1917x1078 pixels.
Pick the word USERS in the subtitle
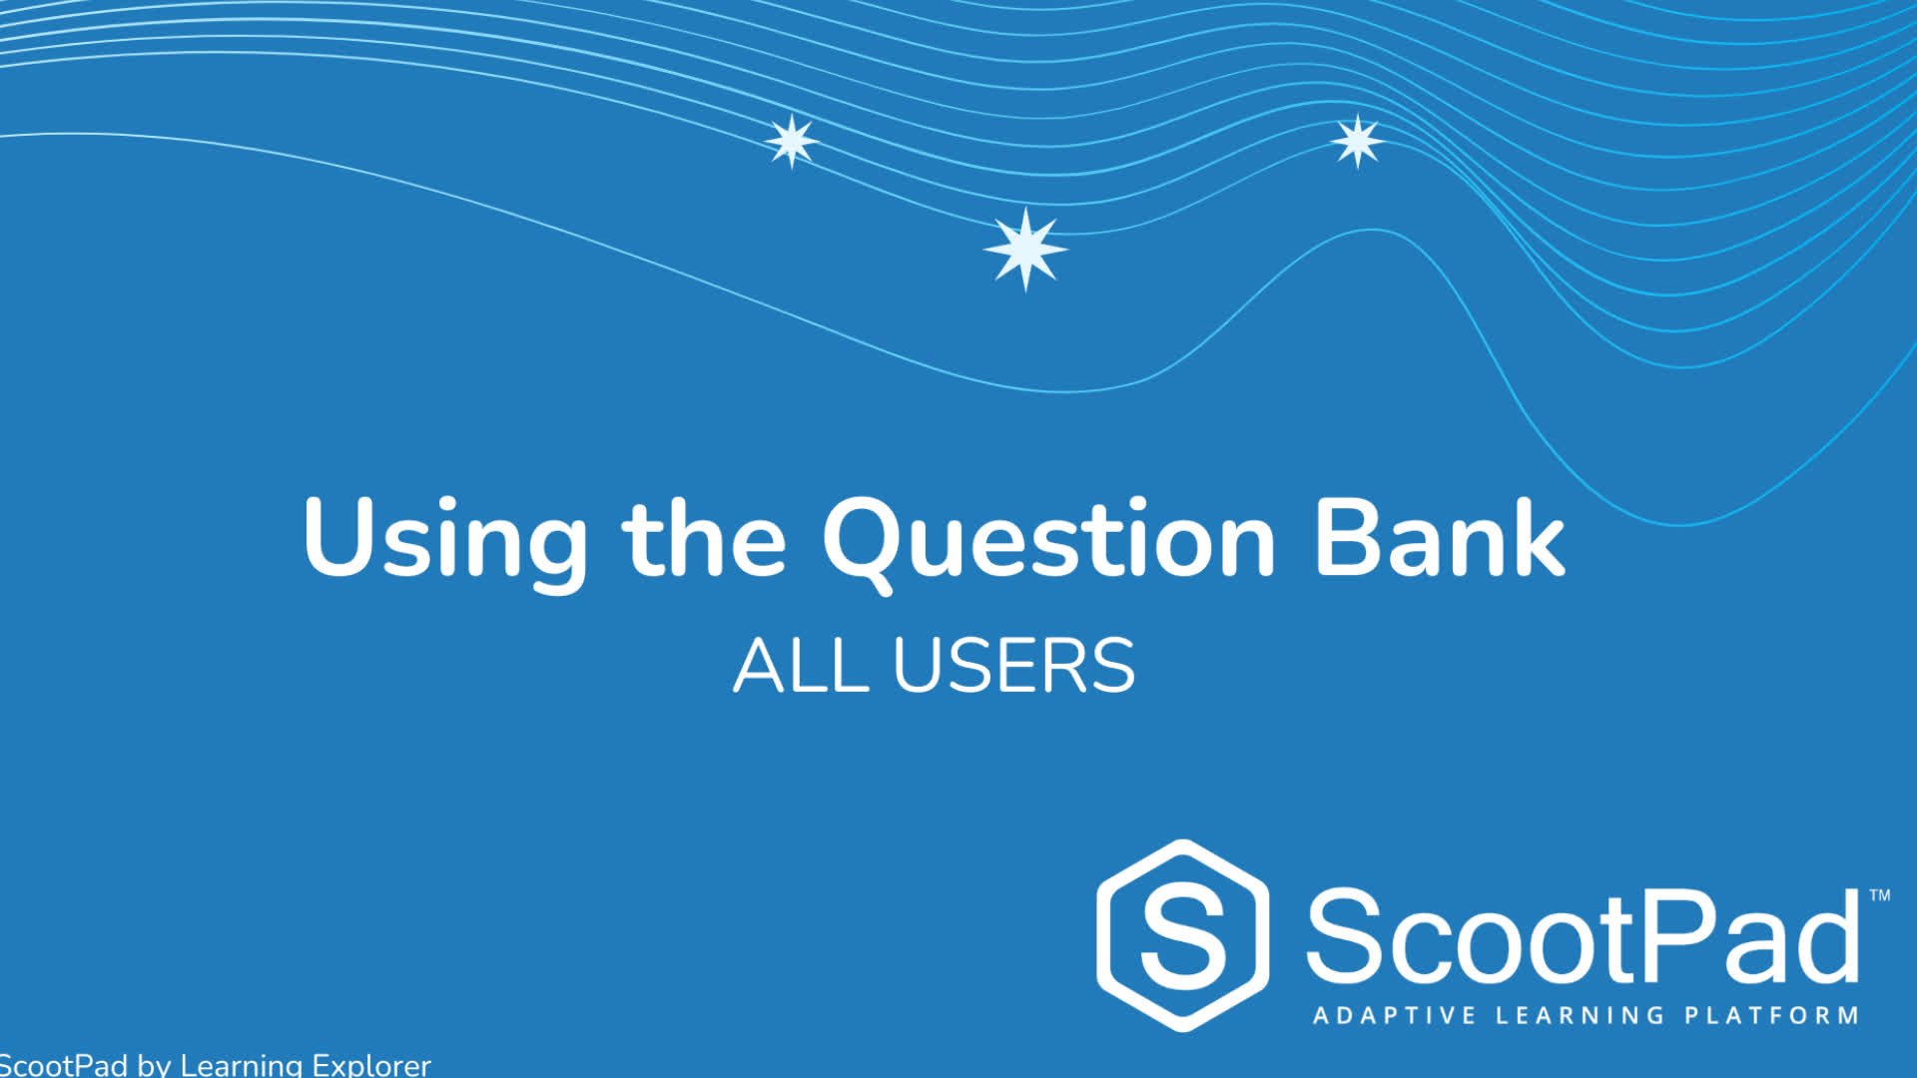click(1013, 665)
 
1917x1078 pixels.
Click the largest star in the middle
click(1025, 249)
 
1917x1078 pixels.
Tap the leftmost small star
click(792, 141)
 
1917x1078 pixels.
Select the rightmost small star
click(1357, 141)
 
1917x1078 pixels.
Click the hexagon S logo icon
click(1183, 935)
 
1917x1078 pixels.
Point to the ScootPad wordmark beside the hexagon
click(1583, 935)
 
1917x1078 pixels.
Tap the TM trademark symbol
click(1879, 895)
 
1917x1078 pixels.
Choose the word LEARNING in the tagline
click(1580, 1016)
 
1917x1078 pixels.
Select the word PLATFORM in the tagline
click(1772, 1016)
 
